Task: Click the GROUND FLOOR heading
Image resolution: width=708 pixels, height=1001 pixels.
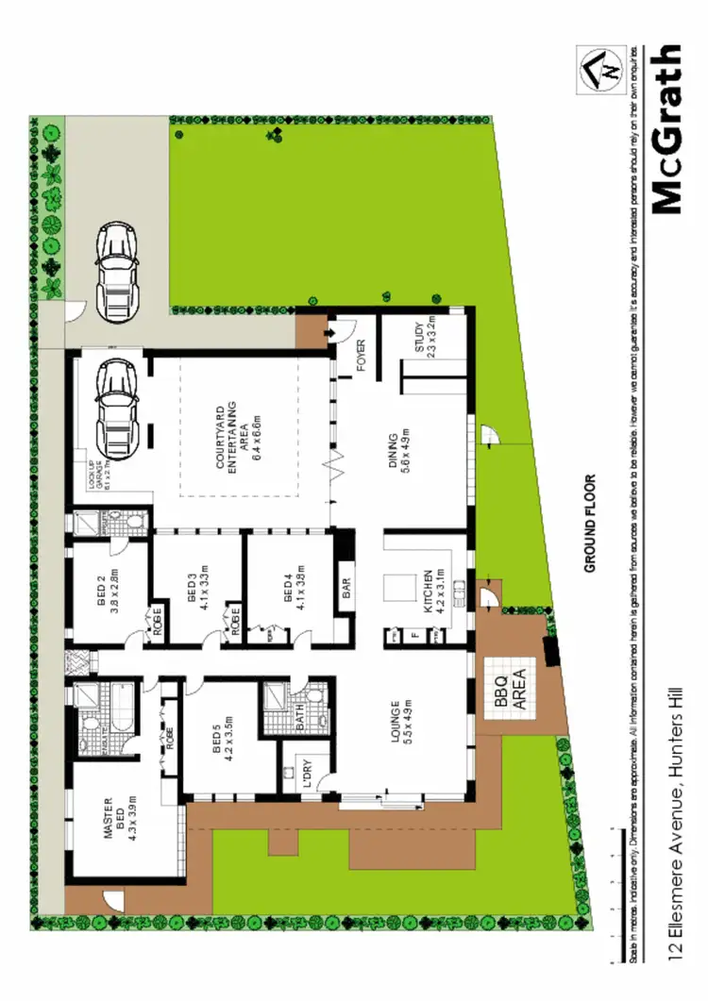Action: click(591, 523)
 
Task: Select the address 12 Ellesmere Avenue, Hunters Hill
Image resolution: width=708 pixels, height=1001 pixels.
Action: click(674, 809)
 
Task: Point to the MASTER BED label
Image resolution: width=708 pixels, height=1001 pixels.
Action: click(114, 817)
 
